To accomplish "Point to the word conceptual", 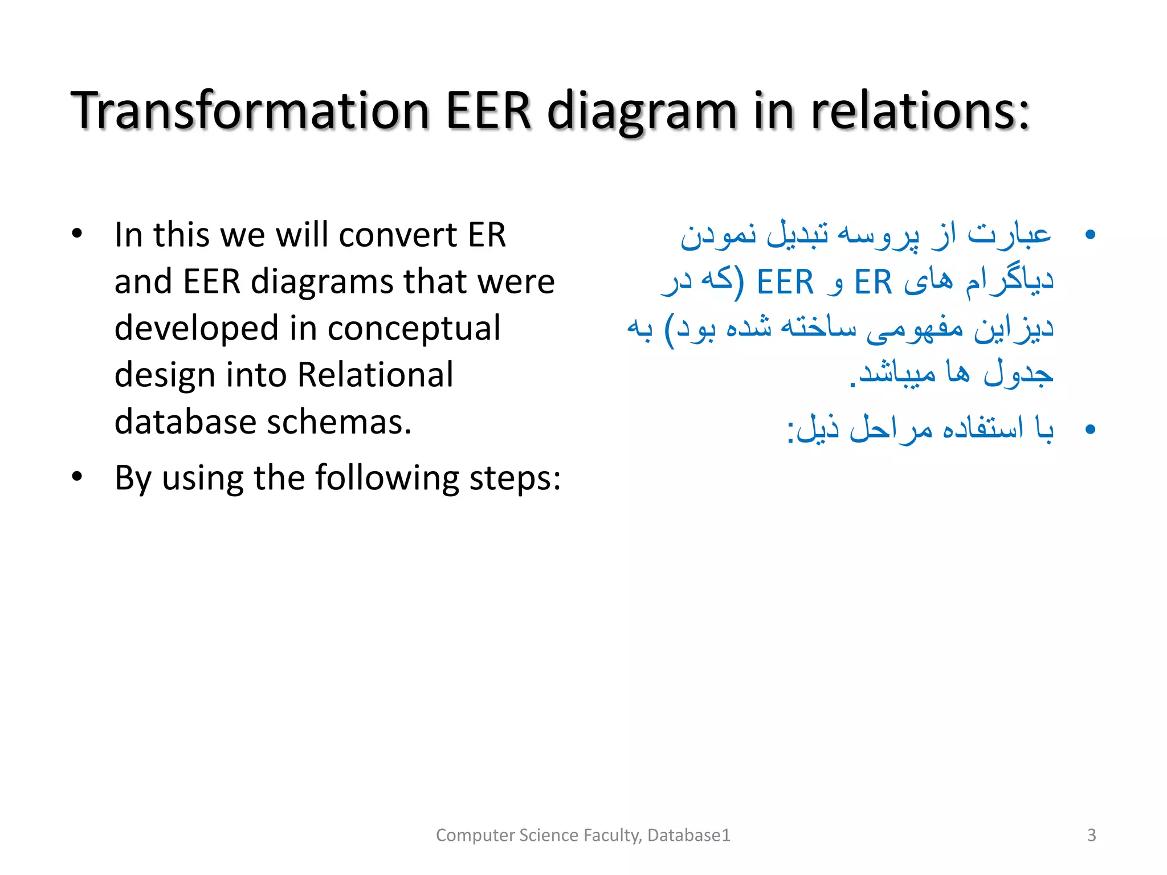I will [414, 329].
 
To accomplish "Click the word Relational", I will [375, 375].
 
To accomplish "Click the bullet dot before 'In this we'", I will [77, 234].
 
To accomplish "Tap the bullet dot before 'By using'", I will [77, 476].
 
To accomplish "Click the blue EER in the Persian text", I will [785, 282].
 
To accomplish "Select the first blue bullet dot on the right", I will [1090, 234].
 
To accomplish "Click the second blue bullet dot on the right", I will [1090, 429].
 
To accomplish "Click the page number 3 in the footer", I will [1091, 835].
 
